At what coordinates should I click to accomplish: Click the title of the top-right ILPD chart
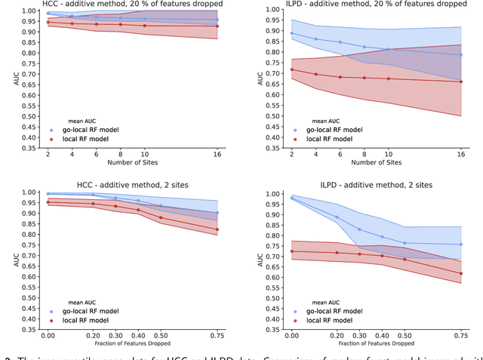377,5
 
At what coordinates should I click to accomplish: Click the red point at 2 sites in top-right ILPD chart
291,69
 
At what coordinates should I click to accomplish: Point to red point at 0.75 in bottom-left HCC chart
217,229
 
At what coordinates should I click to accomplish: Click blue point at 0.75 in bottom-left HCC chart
217,213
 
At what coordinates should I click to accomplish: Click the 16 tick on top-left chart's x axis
217,153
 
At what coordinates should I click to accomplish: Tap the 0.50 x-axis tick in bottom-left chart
160,334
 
